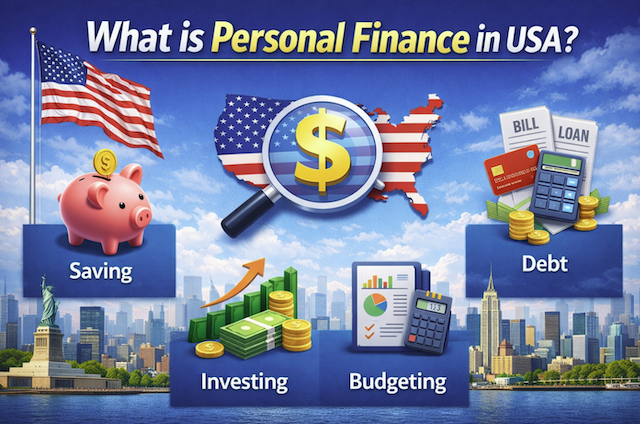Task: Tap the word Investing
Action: point(244,381)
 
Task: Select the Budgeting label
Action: point(397,381)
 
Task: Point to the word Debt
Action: point(545,264)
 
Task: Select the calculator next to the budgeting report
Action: point(428,322)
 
